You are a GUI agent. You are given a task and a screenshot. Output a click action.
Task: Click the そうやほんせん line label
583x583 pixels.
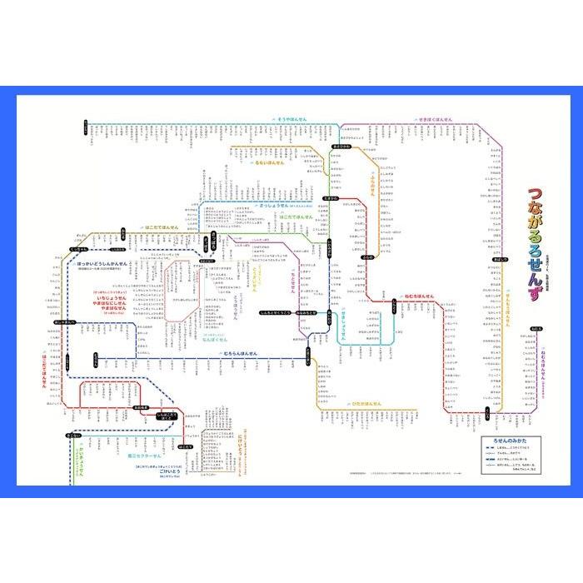tap(292, 120)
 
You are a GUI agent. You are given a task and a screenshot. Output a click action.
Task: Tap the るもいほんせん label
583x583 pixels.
tap(268, 162)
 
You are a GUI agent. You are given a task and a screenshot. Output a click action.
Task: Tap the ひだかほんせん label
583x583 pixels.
tap(364, 403)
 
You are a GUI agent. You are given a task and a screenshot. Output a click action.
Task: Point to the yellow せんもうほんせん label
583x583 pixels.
tap(507, 309)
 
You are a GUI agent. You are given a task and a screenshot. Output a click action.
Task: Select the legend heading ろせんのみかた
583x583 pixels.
tap(504, 440)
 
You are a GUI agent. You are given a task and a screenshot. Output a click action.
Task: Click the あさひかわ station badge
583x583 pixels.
tap(340, 147)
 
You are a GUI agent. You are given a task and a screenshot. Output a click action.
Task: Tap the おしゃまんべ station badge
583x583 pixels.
tap(65, 321)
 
